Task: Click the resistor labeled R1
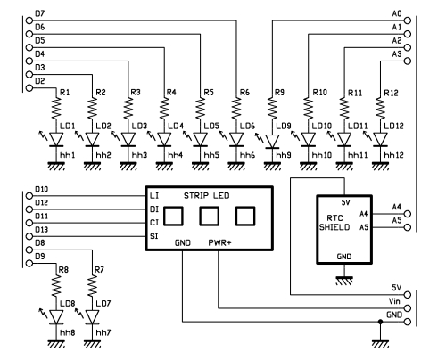pyautogui.click(x=56, y=108)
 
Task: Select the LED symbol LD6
pyautogui.click(x=236, y=139)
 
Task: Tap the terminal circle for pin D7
pyautogui.click(x=29, y=20)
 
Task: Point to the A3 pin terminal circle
pyautogui.click(x=408, y=61)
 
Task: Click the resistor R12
pyautogui.click(x=380, y=108)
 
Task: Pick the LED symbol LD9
pyautogui.click(x=272, y=141)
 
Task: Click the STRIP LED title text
pyautogui.click(x=207, y=196)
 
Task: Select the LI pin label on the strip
pyautogui.click(x=154, y=196)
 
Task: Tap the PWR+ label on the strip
pyautogui.click(x=219, y=242)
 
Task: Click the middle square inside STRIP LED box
pyautogui.click(x=210, y=216)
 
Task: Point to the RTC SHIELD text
pyautogui.click(x=334, y=223)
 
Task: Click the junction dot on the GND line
pyautogui.click(x=380, y=322)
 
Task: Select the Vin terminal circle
pyautogui.click(x=408, y=308)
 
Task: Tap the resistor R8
pyautogui.click(x=56, y=285)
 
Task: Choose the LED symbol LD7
pyautogui.click(x=92, y=316)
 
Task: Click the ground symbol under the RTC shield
pyautogui.click(x=344, y=281)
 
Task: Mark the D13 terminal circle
pyautogui.click(x=29, y=236)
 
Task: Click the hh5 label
pyautogui.click(x=211, y=155)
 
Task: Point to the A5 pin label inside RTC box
pyautogui.click(x=364, y=227)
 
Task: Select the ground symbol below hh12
pyautogui.click(x=380, y=166)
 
